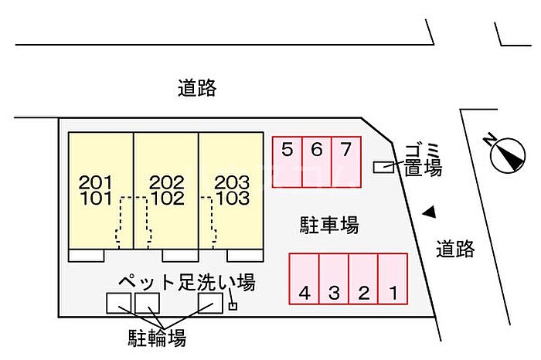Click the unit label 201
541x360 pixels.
click(x=96, y=183)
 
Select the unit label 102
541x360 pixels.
click(x=167, y=198)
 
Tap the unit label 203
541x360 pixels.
click(x=232, y=183)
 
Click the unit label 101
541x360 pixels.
click(x=96, y=198)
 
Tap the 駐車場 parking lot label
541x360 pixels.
click(x=329, y=226)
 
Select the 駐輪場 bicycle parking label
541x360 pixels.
click(x=156, y=338)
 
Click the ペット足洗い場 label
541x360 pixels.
click(x=186, y=282)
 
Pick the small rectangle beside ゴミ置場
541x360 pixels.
click(x=383, y=167)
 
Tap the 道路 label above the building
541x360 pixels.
click(x=197, y=89)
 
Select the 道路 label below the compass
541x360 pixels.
click(x=455, y=249)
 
